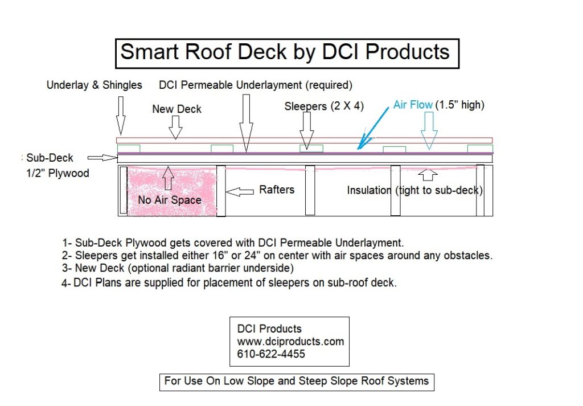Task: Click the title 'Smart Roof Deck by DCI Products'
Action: pyautogui.click(x=285, y=53)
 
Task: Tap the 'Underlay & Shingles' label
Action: pyautogui.click(x=95, y=85)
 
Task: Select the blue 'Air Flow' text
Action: pyautogui.click(x=413, y=105)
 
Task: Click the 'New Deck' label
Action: pyautogui.click(x=176, y=109)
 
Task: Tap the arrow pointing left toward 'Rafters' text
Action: pyautogui.click(x=240, y=192)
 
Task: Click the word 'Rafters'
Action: pyautogui.click(x=277, y=190)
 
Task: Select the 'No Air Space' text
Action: pyautogui.click(x=170, y=200)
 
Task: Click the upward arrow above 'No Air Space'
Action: pyautogui.click(x=167, y=178)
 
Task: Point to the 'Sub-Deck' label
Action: pyautogui.click(x=50, y=158)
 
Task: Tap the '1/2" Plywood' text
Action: pyautogui.click(x=59, y=173)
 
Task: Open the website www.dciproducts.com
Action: pyautogui.click(x=290, y=342)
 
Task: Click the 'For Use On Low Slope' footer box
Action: pyautogui.click(x=296, y=381)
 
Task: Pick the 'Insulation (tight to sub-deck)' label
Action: pyautogui.click(x=414, y=190)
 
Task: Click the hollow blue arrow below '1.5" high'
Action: pyautogui.click(x=429, y=130)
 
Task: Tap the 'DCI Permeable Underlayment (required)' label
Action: pyautogui.click(x=256, y=85)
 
